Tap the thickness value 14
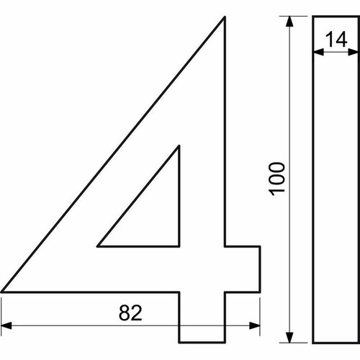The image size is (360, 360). point(333,40)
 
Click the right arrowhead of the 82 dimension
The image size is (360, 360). point(254,324)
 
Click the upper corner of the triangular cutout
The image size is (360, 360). point(177,148)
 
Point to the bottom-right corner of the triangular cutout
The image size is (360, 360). point(177,245)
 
